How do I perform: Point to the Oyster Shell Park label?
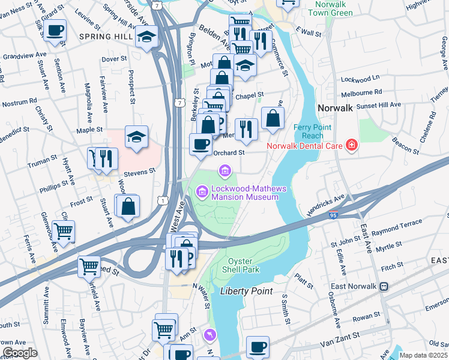[x=243, y=265]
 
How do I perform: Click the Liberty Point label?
[x=246, y=291]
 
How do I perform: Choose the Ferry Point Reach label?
[x=310, y=131]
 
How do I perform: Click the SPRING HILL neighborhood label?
[x=105, y=37]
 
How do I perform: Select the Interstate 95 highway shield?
[x=333, y=214]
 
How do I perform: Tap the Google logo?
[x=20, y=353]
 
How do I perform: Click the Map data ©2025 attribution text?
[x=423, y=355]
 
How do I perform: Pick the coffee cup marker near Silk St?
[x=55, y=30]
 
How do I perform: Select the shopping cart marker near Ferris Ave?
[x=63, y=230]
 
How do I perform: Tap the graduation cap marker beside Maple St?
[x=136, y=137]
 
